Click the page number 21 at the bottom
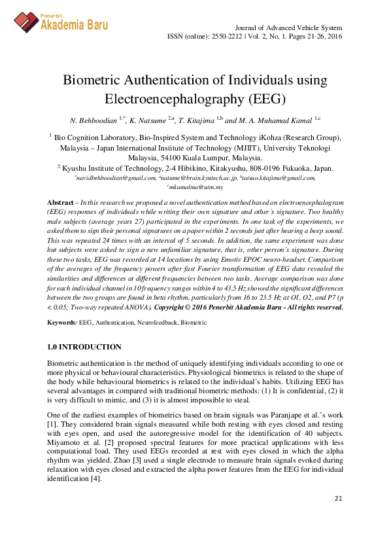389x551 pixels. (x=338, y=499)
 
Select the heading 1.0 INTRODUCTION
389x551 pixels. (x=84, y=346)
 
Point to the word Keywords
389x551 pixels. (x=62, y=323)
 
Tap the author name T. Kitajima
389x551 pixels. (x=197, y=121)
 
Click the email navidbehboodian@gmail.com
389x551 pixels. (x=116, y=177)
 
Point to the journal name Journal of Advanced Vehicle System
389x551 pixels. (x=288, y=27)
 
